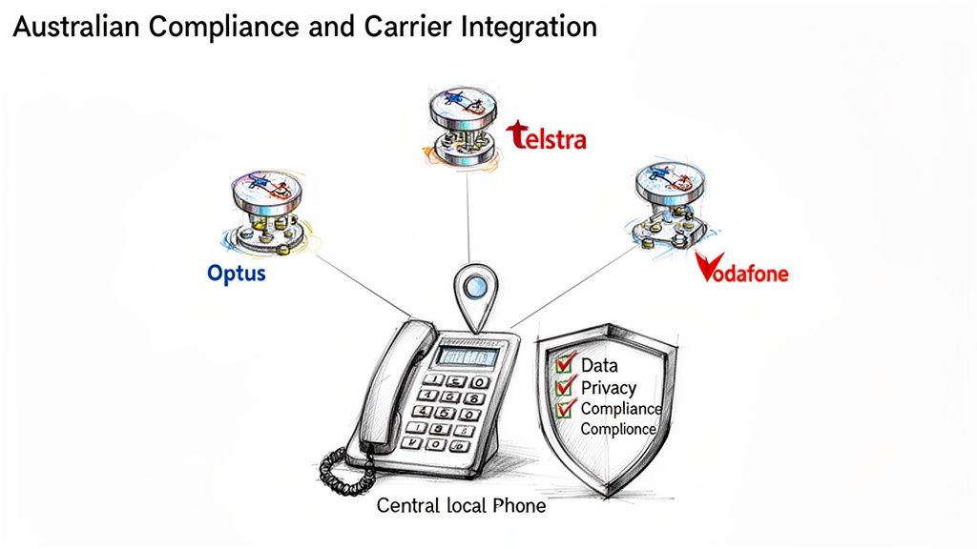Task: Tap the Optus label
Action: (x=236, y=274)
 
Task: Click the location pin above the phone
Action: (x=474, y=289)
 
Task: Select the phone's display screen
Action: (x=467, y=356)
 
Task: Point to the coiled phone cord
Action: (x=342, y=469)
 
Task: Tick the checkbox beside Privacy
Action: (x=565, y=386)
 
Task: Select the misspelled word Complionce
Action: (x=618, y=429)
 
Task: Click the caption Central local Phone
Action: (x=461, y=505)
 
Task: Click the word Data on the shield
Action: (x=600, y=364)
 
